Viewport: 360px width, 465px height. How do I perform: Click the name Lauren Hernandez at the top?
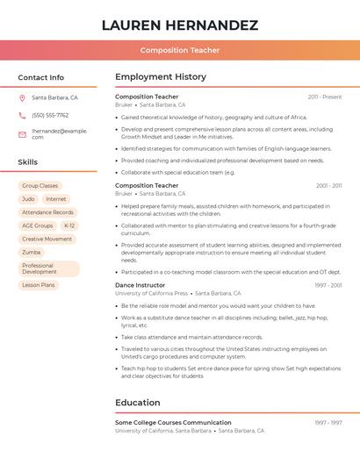pos(180,25)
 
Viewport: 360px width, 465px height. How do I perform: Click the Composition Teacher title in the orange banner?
pos(180,50)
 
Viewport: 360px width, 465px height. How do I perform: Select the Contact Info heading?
pos(41,77)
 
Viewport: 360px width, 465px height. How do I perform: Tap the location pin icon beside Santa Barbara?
pos(22,97)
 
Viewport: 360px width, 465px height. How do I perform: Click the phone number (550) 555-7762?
pos(50,115)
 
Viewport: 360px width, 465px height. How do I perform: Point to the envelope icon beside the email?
pos(22,134)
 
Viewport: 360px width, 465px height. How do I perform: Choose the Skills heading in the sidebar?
pos(28,162)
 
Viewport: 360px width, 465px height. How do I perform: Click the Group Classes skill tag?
pos(40,186)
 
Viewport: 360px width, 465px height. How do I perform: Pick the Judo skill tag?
pos(28,199)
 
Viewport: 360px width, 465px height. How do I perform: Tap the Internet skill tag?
pos(55,199)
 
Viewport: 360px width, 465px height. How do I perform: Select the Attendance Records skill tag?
pos(47,212)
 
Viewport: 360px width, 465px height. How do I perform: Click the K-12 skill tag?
pos(69,225)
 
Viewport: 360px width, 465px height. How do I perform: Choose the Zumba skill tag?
pos(32,252)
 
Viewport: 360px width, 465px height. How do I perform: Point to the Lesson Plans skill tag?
pos(38,285)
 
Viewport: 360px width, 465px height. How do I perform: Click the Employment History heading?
pos(161,77)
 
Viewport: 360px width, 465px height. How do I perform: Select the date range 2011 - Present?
pos(324,97)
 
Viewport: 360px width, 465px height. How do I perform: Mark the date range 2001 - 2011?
pos(328,186)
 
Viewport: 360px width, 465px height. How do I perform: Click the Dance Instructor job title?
pos(140,285)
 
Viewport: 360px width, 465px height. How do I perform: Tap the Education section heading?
pos(138,403)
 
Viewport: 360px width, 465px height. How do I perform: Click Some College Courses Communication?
pos(173,423)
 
